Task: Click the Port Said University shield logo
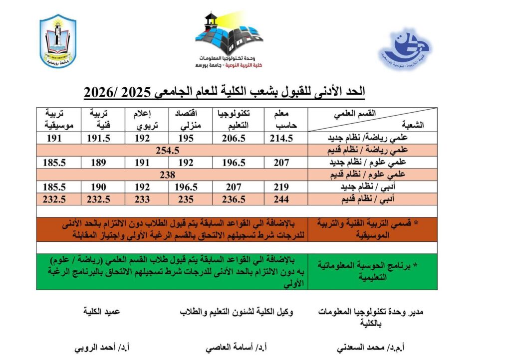(58, 40)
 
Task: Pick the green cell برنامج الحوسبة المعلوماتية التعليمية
(373, 271)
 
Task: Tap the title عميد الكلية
(102, 312)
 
